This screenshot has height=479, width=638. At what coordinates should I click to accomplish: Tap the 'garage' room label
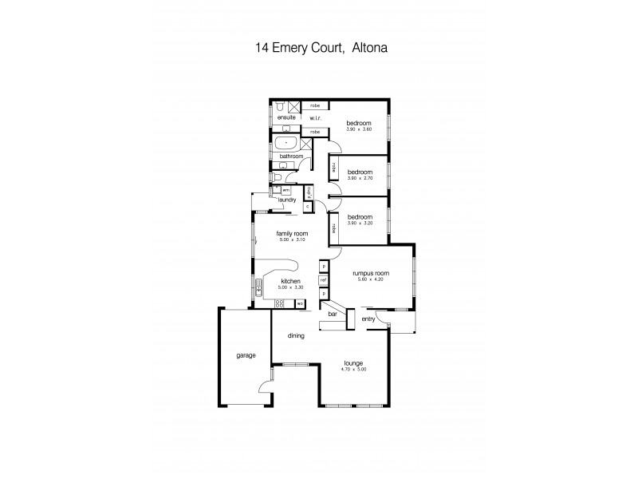[x=246, y=355]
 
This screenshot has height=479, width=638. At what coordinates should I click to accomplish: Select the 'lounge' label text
[x=353, y=363]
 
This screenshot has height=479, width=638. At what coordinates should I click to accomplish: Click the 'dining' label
[x=296, y=336]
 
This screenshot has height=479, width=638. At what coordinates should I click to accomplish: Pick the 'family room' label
[x=292, y=233]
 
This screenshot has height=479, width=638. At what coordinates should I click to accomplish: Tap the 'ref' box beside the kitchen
[x=324, y=280]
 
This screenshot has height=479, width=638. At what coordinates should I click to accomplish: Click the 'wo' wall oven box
[x=300, y=303]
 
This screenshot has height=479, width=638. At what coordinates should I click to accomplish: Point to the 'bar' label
[x=333, y=314]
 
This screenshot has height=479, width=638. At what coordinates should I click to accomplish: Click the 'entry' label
[x=368, y=319]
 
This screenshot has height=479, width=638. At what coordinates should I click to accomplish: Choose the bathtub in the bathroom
[x=285, y=144]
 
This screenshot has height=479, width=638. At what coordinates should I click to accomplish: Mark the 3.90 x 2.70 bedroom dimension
[x=360, y=178]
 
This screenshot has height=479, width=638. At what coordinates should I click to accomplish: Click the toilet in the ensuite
[x=282, y=107]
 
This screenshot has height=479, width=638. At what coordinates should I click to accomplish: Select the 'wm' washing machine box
[x=286, y=192]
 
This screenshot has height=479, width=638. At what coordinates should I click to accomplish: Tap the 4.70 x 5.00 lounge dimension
[x=353, y=369]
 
